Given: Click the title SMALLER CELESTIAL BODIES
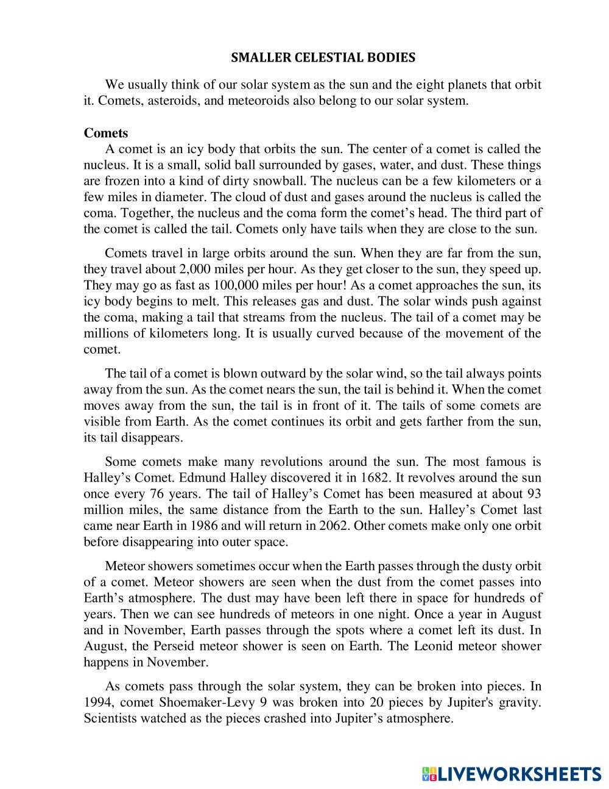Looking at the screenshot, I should [323, 58].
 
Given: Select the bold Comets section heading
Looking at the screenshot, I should [106, 133].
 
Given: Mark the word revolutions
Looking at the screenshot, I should [294, 462].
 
